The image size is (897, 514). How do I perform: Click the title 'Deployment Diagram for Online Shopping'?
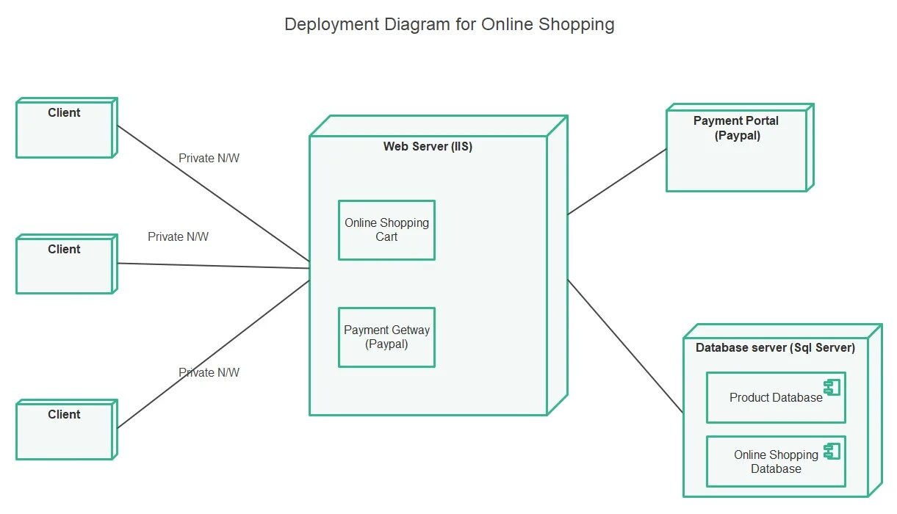(449, 24)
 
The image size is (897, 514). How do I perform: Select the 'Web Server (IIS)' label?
(428, 146)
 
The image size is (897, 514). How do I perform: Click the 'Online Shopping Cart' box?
(386, 230)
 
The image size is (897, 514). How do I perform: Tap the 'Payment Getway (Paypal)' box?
(386, 337)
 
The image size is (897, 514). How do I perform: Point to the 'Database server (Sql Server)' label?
(775, 347)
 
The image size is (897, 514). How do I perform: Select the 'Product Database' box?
(775, 398)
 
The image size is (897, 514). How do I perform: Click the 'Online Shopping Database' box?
(775, 462)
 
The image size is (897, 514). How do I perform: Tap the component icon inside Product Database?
(832, 387)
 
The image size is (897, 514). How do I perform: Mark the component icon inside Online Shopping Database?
(832, 451)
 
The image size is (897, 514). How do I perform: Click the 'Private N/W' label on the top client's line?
(209, 158)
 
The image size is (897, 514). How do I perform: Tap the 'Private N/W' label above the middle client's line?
(178, 236)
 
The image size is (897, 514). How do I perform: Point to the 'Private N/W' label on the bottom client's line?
(209, 372)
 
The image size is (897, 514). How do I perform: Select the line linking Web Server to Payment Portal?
(617, 181)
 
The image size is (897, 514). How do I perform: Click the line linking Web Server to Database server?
(624, 345)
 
